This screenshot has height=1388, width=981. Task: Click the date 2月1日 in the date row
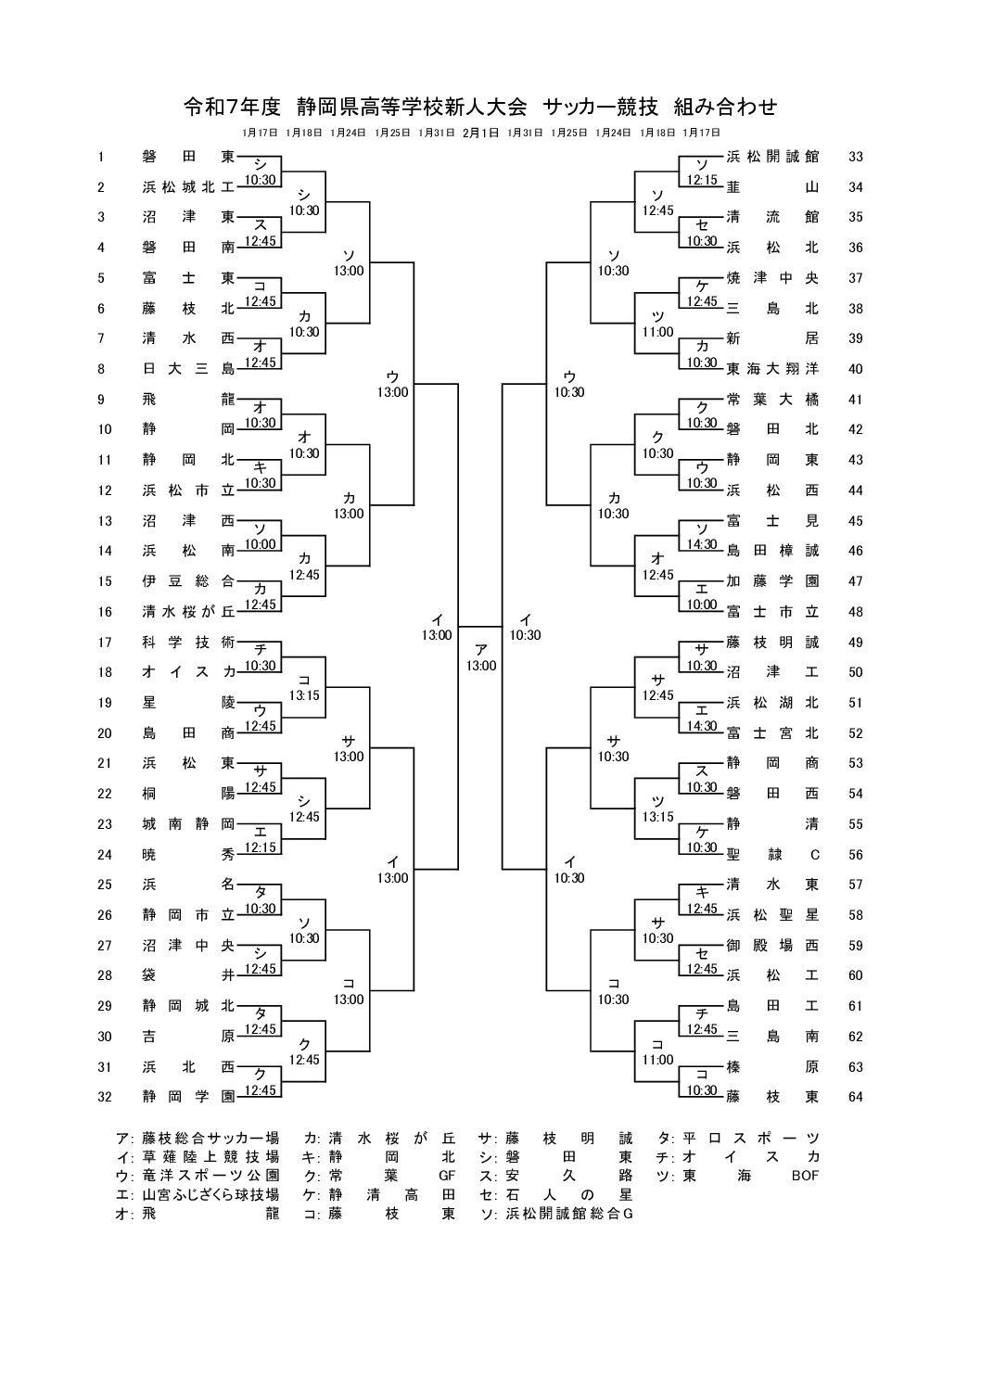pyautogui.click(x=480, y=133)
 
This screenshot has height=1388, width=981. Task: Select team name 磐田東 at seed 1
pyautogui.click(x=188, y=157)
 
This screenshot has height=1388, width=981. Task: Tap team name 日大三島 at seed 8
pyautogui.click(x=188, y=369)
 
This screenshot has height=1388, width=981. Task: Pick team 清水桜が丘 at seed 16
pyautogui.click(x=188, y=612)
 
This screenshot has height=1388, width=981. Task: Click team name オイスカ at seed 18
pyautogui.click(x=188, y=672)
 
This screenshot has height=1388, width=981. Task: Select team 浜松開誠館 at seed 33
pyautogui.click(x=772, y=157)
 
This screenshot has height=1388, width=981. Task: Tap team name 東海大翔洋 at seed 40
pyautogui.click(x=772, y=369)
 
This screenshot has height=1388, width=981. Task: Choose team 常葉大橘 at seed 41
pyautogui.click(x=772, y=400)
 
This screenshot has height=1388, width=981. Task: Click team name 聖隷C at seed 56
pyautogui.click(x=772, y=855)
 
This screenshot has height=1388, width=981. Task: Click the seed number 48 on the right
pyautogui.click(x=855, y=612)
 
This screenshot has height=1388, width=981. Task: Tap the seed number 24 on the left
pyautogui.click(x=104, y=855)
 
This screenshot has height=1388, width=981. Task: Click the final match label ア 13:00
pyautogui.click(x=480, y=658)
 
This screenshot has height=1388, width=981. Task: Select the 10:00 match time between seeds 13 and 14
pyautogui.click(x=260, y=544)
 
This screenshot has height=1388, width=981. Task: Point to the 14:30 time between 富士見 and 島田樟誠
pyautogui.click(x=701, y=544)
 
